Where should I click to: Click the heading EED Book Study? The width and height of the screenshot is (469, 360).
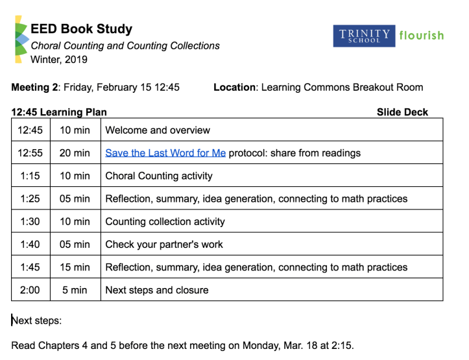click(x=81, y=29)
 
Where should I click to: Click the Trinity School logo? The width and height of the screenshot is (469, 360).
click(x=363, y=36)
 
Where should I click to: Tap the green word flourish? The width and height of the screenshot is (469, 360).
click(x=421, y=35)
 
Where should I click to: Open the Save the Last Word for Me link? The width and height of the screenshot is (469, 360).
click(x=165, y=153)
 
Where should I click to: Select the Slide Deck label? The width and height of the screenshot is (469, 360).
click(x=402, y=112)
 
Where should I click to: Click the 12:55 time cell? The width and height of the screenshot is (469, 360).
click(x=30, y=153)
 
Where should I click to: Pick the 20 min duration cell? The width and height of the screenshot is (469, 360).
click(x=75, y=153)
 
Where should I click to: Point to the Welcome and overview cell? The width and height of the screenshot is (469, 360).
click(x=158, y=130)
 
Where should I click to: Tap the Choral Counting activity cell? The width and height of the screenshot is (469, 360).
click(x=158, y=176)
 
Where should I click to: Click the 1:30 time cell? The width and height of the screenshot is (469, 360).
click(x=30, y=221)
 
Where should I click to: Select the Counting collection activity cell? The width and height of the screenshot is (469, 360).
click(x=165, y=221)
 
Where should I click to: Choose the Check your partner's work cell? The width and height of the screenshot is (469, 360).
click(x=163, y=245)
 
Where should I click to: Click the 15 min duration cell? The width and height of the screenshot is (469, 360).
click(x=75, y=267)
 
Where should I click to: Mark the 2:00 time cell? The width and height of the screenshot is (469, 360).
click(x=30, y=290)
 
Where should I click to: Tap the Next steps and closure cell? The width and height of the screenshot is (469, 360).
click(x=156, y=290)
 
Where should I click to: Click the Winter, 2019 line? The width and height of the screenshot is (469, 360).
click(x=59, y=60)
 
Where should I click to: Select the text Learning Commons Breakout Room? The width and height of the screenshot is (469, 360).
click(x=342, y=88)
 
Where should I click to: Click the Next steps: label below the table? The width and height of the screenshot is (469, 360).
click(x=37, y=320)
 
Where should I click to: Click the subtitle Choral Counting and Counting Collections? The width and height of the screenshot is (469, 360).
click(x=125, y=46)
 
